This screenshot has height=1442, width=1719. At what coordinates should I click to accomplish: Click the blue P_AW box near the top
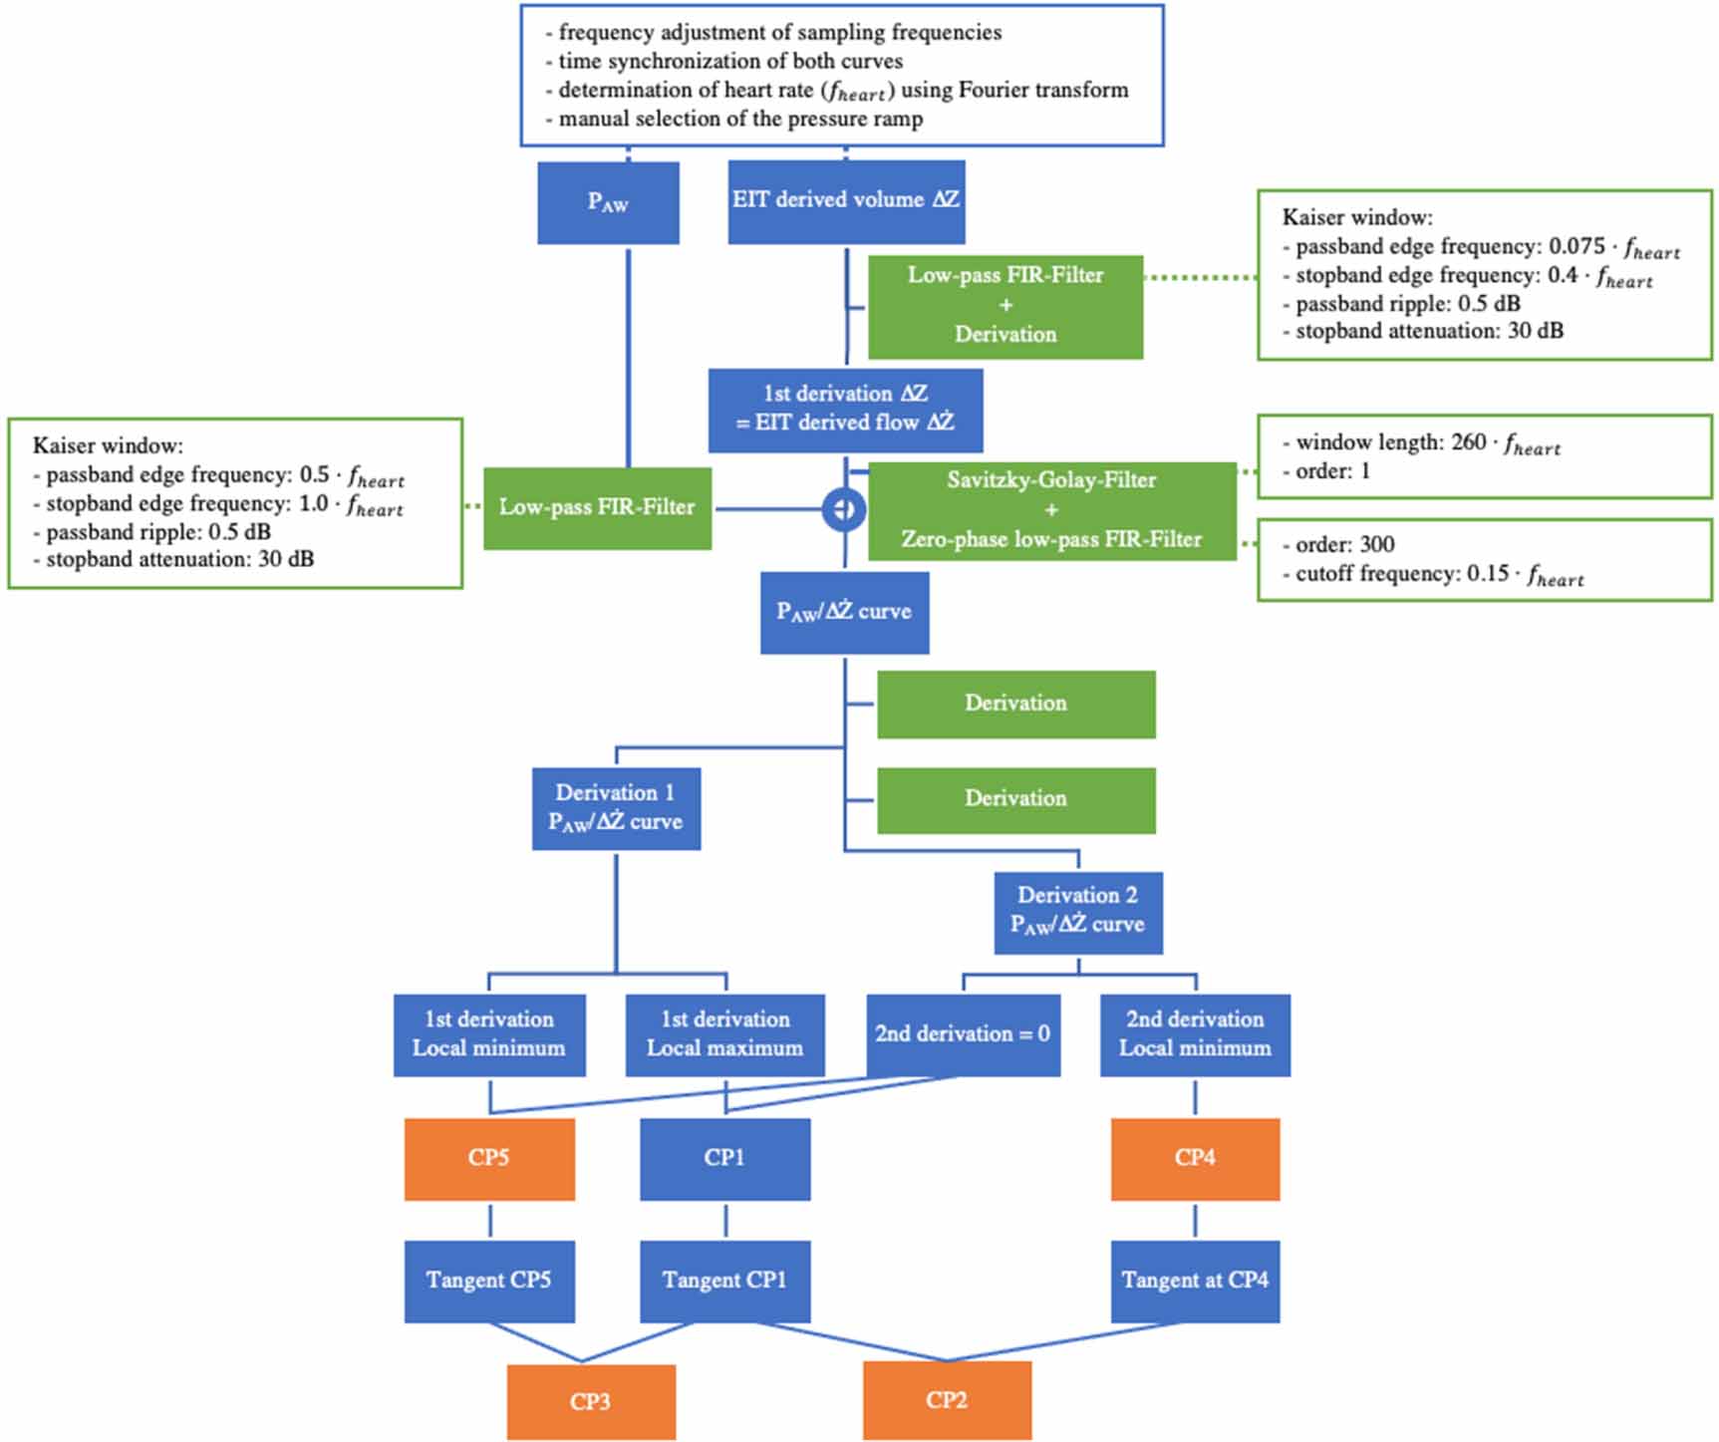(x=608, y=202)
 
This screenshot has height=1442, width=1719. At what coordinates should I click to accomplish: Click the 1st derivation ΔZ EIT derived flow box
(x=845, y=410)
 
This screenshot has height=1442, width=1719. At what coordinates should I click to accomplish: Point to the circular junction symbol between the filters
(x=844, y=509)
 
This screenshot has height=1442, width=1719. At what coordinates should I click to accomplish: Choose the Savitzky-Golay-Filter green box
(x=1051, y=510)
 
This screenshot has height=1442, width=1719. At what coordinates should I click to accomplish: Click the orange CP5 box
(x=489, y=1158)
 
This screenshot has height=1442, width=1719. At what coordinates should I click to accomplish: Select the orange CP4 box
(x=1195, y=1158)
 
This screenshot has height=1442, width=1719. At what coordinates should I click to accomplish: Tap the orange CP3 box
(x=591, y=1402)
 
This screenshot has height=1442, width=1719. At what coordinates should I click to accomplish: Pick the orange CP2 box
(x=947, y=1400)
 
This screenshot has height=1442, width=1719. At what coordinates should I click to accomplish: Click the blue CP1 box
(x=724, y=1158)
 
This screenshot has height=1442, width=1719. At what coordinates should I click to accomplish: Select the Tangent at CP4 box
(x=1195, y=1281)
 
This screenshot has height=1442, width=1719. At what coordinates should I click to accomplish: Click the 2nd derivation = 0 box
(x=963, y=1034)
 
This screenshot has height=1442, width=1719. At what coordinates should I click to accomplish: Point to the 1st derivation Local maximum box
(x=724, y=1034)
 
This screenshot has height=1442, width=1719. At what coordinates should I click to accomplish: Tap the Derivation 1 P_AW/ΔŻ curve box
(x=616, y=808)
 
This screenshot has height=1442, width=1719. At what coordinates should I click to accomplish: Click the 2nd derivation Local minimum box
(x=1195, y=1034)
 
